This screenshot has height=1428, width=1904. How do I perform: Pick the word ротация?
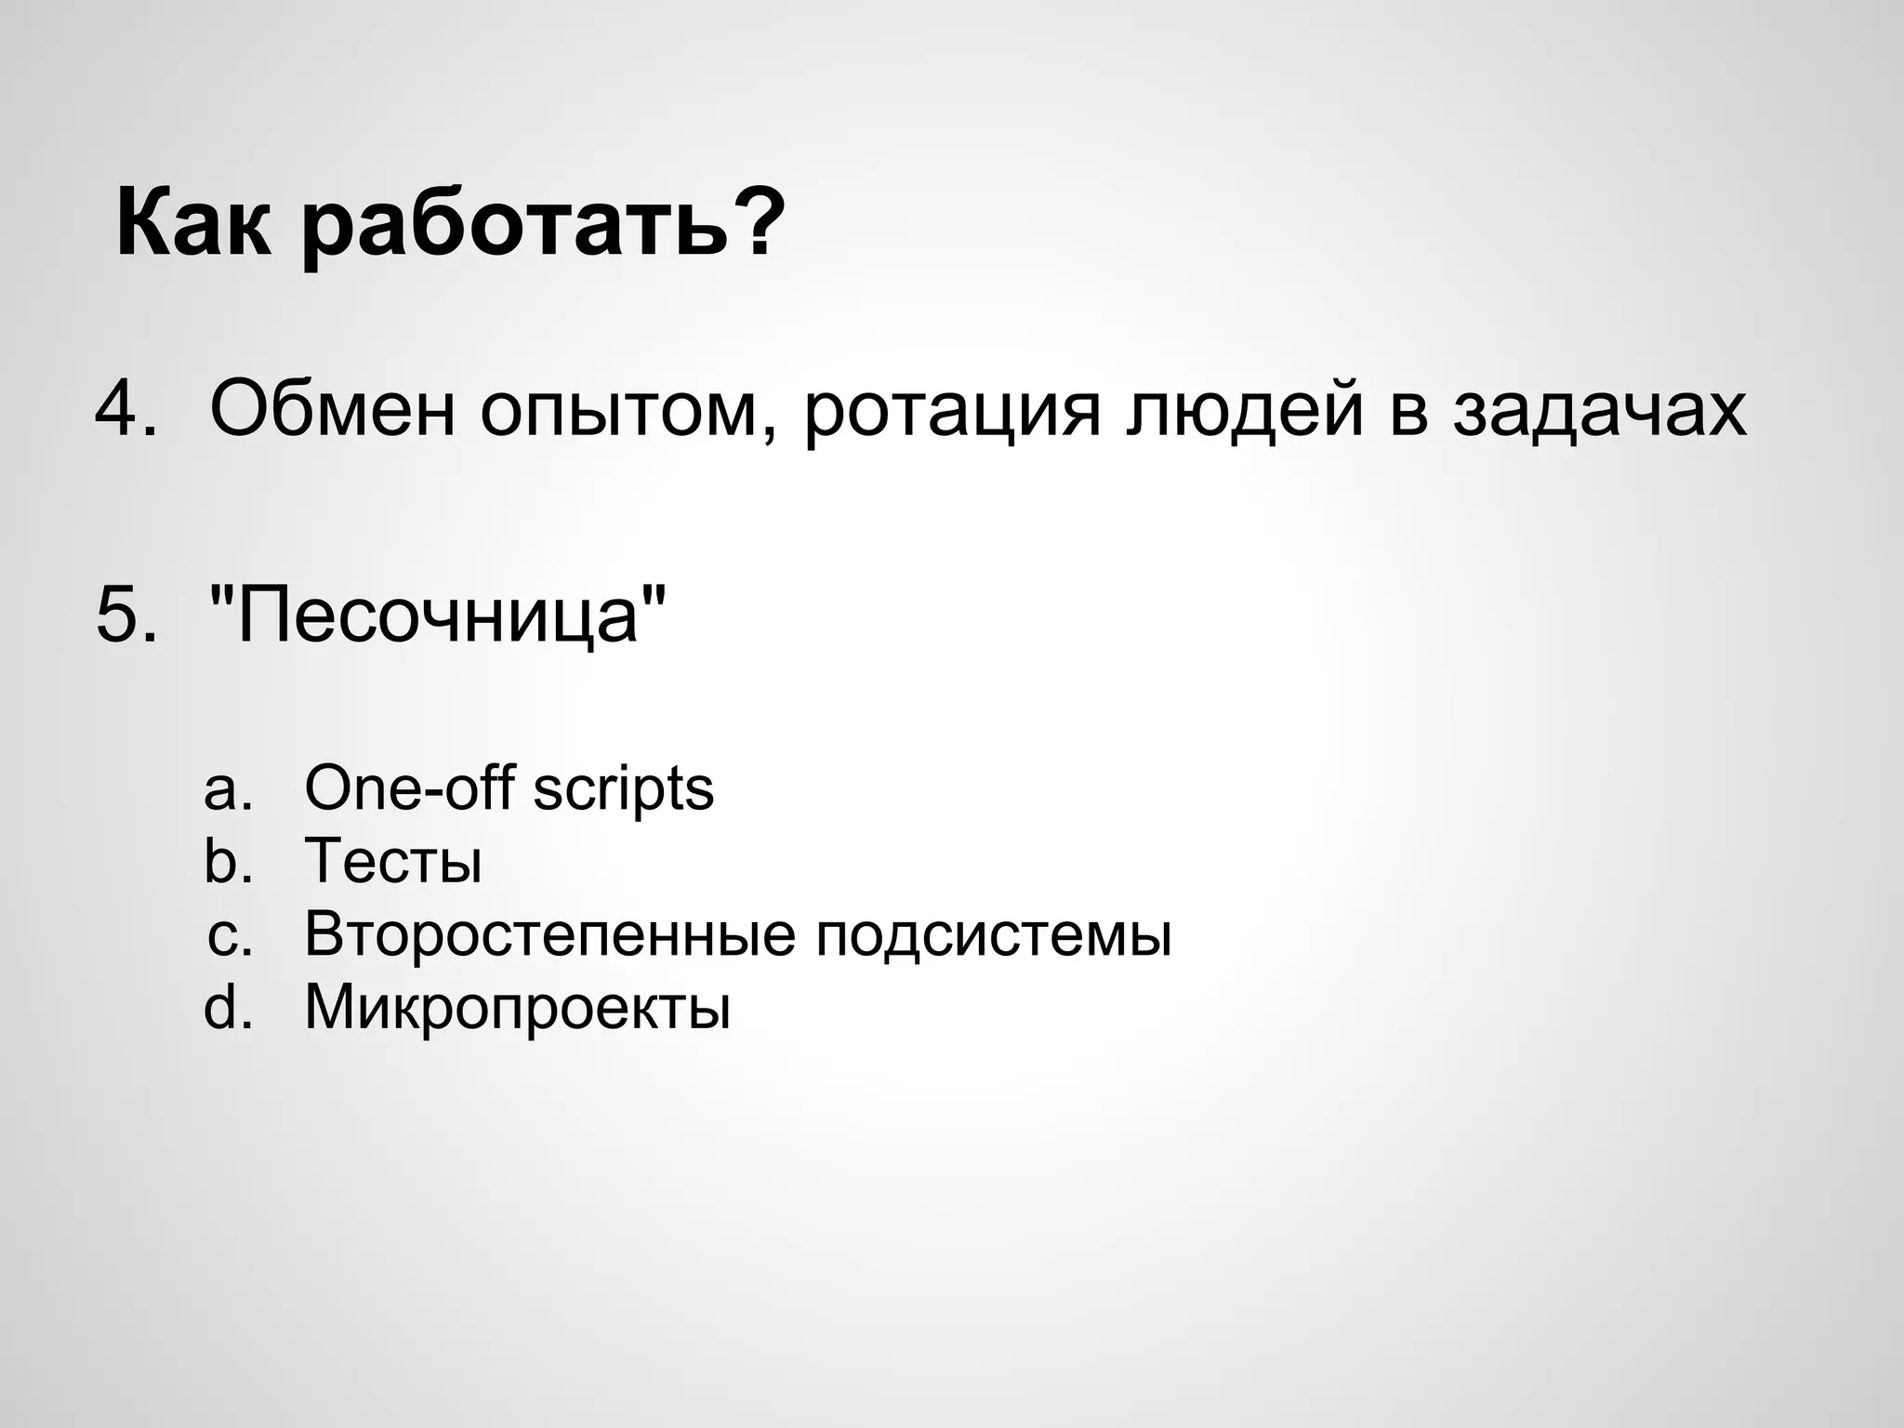point(952,414)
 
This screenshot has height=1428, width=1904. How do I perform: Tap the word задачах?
point(1599,409)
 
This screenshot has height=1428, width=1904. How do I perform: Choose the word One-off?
point(409,787)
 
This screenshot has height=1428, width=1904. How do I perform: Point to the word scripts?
point(623,791)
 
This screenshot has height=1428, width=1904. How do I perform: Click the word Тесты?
point(393,861)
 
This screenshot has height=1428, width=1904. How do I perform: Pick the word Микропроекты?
point(517,1009)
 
